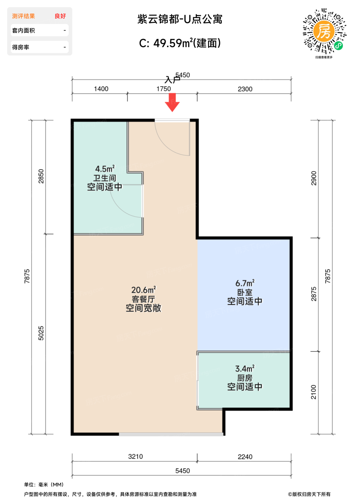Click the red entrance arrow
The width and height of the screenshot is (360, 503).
(172, 102)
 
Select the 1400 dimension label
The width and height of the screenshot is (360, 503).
(101, 89)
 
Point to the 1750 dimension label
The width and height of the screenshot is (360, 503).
(163, 89)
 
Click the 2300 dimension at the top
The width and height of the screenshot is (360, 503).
(245, 89)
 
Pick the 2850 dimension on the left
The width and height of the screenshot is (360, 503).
(41, 176)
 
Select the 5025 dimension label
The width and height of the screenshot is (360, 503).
(41, 333)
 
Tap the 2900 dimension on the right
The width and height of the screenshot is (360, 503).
(314, 178)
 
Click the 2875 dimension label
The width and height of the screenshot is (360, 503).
(314, 294)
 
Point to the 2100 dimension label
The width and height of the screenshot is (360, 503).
(314, 392)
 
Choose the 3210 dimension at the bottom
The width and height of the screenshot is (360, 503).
(135, 456)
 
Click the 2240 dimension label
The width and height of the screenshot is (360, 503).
(245, 457)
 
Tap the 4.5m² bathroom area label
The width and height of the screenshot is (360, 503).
(105, 169)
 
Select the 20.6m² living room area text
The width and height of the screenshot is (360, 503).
(143, 290)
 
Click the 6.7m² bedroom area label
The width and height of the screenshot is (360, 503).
(245, 283)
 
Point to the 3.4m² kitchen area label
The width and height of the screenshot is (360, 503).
(245, 369)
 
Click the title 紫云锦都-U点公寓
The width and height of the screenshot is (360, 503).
(180, 19)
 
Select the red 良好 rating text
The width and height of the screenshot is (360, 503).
(60, 16)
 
